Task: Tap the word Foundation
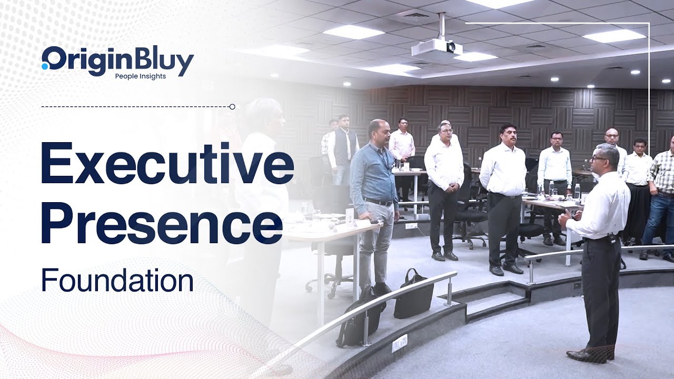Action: tap(117, 281)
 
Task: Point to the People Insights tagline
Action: tap(141, 76)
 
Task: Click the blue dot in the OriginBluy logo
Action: tap(45, 66)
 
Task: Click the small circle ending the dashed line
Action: tap(232, 107)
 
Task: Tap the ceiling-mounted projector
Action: tap(437, 48)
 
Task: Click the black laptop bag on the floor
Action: tap(413, 295)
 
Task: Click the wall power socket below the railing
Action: tap(400, 343)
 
